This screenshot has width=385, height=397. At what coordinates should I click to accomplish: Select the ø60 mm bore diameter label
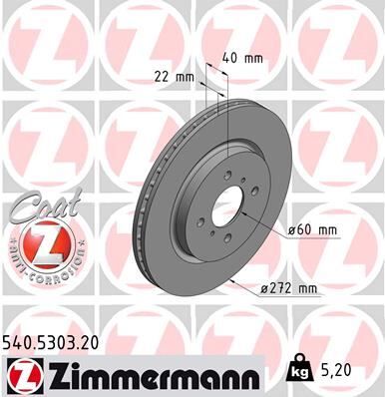[x=313, y=231]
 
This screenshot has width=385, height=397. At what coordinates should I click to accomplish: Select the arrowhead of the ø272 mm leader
[x=232, y=281]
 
